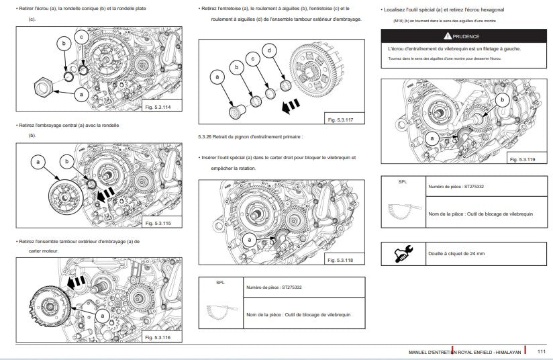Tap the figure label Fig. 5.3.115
point(159,222)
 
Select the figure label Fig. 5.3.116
point(159,337)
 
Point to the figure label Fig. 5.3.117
point(342,119)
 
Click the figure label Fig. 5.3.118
point(342,260)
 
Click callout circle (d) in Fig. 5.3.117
point(269,51)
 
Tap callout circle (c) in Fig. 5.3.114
point(81,36)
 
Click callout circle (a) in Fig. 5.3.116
point(101,314)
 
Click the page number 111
point(541,351)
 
